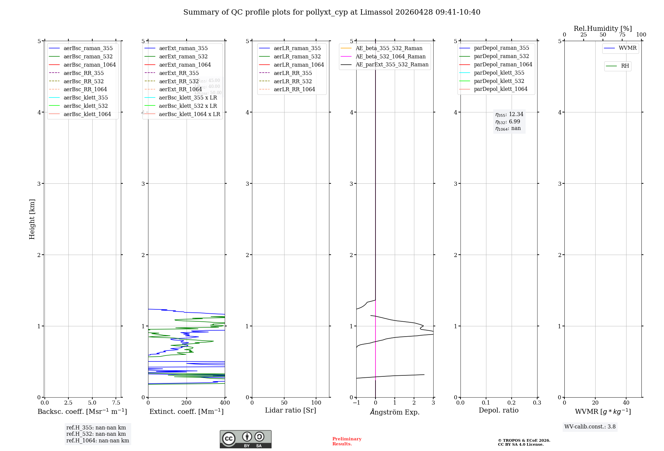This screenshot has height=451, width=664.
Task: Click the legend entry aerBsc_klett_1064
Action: click(87, 114)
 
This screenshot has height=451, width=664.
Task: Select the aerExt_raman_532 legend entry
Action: click(183, 56)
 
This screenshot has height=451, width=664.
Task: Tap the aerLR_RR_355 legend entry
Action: click(292, 73)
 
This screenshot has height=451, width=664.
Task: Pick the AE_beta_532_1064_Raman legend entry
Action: click(390, 56)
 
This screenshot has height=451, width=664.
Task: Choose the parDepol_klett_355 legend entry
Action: click(499, 73)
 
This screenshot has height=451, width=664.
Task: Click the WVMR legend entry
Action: click(627, 48)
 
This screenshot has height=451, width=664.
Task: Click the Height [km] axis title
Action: click(32, 219)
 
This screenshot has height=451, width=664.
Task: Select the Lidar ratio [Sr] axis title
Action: click(290, 410)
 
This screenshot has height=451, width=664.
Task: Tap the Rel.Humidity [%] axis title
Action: click(603, 29)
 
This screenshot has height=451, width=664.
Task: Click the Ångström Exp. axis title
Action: click(395, 412)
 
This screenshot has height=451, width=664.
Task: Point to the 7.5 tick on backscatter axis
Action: click(116, 403)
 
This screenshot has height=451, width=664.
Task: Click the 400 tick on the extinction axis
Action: click(225, 403)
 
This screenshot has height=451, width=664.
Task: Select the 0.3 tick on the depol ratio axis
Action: click(537, 403)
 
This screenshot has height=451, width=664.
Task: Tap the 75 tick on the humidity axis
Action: click(622, 35)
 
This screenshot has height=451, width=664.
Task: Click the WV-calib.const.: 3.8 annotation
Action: click(590, 427)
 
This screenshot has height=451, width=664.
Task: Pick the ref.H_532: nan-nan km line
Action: click(96, 434)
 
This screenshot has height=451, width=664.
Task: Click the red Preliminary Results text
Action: click(347, 441)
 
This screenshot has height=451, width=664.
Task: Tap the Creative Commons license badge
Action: click(245, 439)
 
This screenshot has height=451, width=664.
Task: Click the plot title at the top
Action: click(332, 12)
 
